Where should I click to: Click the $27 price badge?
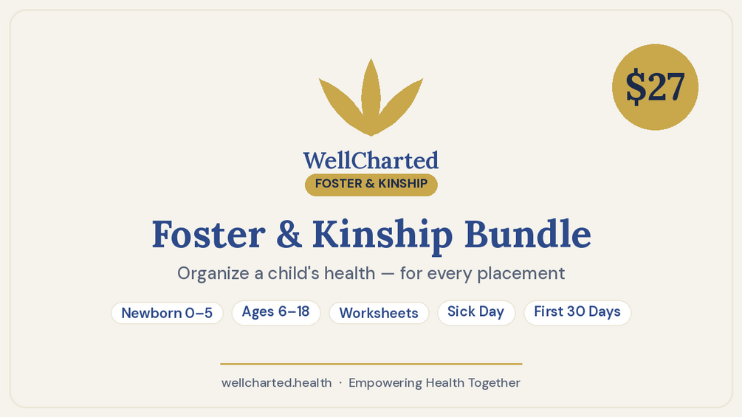(655, 87)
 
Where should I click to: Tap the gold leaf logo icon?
(371, 97)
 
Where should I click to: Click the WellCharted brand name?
(371, 160)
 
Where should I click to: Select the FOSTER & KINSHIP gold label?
(371, 184)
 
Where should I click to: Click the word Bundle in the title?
(528, 234)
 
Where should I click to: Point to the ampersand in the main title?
(289, 234)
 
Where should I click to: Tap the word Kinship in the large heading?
(382, 235)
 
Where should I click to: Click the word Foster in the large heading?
(208, 235)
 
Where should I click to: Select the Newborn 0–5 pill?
(167, 313)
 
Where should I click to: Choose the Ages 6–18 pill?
(276, 312)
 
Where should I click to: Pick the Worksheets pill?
(379, 313)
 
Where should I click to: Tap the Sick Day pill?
(476, 312)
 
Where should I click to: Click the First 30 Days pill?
(577, 312)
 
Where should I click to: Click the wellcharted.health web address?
(276, 382)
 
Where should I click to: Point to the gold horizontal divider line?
(371, 364)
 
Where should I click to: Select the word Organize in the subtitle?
(213, 273)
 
